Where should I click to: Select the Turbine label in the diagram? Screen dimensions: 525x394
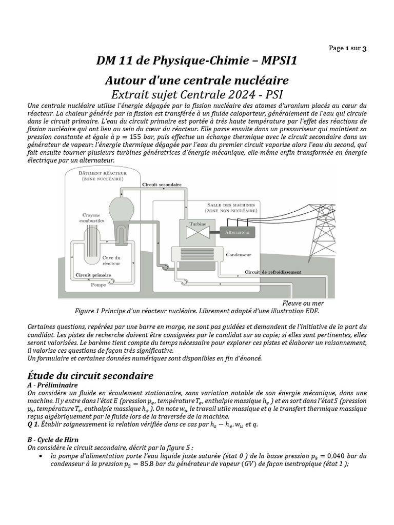pos(198,224)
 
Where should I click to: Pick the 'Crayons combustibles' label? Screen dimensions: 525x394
pos(92,217)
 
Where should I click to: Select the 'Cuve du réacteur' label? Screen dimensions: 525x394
pos(111,260)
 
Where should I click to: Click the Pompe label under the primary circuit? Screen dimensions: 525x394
pos(98,284)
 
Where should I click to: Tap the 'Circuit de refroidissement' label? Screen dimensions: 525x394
pos(272,272)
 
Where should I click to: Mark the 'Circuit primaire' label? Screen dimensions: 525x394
pos(93,275)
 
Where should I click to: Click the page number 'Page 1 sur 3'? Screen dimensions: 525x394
pos(347,48)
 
